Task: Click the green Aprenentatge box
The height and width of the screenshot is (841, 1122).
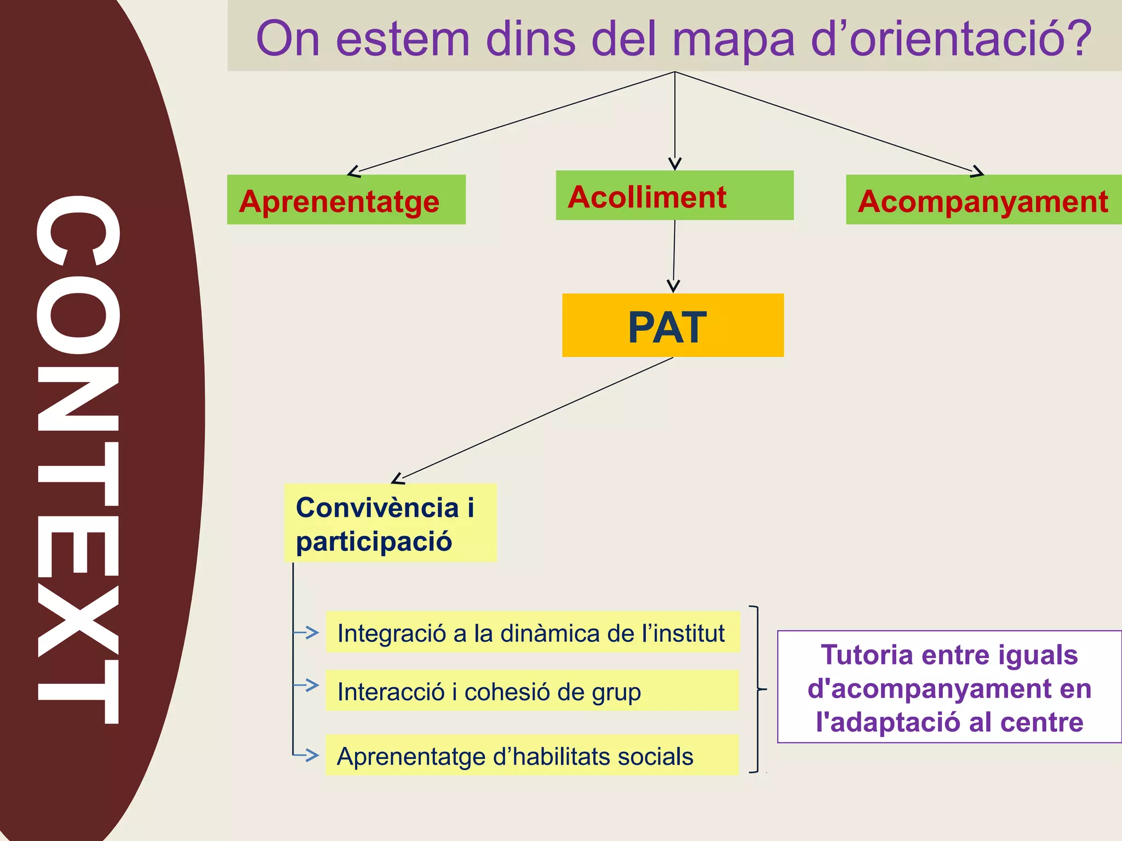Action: click(346, 200)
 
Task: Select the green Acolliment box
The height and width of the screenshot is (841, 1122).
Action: click(674, 195)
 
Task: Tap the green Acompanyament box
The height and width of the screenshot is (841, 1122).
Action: click(983, 200)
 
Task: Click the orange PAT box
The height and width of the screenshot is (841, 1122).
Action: click(672, 326)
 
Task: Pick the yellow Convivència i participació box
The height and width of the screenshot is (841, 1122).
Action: click(390, 523)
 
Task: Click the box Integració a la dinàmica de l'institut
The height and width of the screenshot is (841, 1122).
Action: click(532, 632)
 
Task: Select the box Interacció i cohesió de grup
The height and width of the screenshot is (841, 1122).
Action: click(532, 691)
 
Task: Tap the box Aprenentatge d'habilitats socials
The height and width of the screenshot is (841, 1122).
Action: click(532, 756)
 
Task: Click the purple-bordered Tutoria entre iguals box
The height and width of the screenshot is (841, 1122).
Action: click(949, 687)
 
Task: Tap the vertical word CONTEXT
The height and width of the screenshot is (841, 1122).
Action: click(78, 460)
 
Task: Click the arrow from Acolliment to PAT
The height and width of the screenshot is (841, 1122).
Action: click(674, 255)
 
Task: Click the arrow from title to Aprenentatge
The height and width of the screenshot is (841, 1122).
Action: click(515, 122)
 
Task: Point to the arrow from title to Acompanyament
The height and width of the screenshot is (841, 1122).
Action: click(827, 122)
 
